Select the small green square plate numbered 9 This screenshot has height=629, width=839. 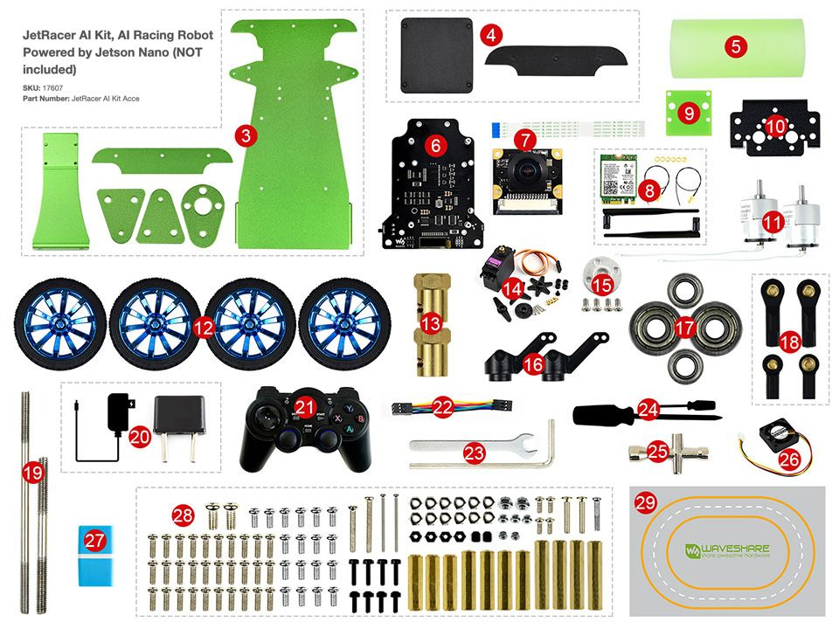689,112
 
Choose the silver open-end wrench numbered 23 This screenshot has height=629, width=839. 472,449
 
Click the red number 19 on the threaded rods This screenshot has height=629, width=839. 33,473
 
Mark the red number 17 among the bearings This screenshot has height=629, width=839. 684,327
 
